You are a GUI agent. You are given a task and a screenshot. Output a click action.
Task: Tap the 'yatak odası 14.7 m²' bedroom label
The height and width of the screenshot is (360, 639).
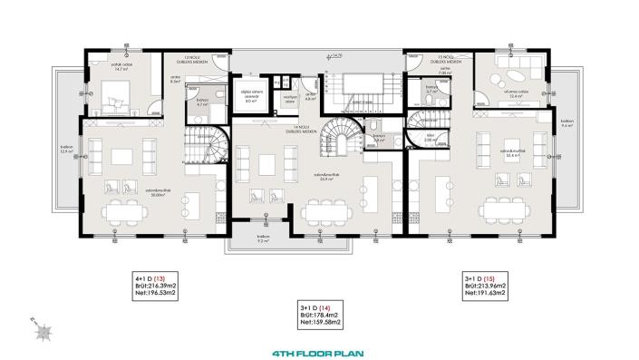(x=111, y=66)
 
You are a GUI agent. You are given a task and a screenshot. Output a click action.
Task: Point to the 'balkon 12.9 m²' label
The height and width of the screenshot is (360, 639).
(x=65, y=151)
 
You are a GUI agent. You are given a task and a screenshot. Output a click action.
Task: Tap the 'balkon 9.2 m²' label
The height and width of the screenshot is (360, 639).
(x=264, y=238)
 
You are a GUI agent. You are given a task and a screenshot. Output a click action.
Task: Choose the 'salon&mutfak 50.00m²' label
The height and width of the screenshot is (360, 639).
(x=137, y=192)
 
